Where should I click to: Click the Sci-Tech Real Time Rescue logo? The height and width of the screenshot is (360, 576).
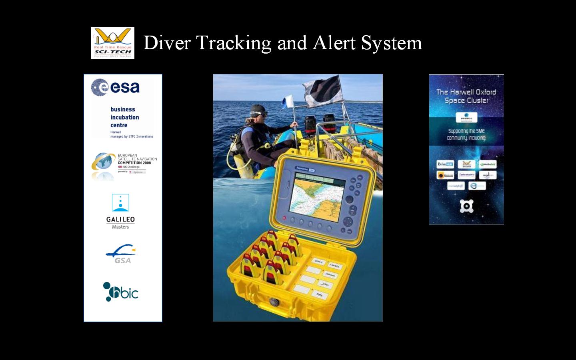[x=113, y=43]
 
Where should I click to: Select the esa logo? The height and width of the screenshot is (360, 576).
[x=116, y=87]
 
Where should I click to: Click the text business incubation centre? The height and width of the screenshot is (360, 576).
[x=124, y=117]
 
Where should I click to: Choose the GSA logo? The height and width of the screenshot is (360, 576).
[x=121, y=254]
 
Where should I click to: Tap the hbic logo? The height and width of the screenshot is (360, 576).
[x=121, y=292]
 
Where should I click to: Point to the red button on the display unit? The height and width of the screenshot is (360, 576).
[x=284, y=218]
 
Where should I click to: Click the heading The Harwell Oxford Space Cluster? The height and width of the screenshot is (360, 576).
[x=466, y=96]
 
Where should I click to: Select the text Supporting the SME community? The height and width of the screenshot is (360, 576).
[x=466, y=134]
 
